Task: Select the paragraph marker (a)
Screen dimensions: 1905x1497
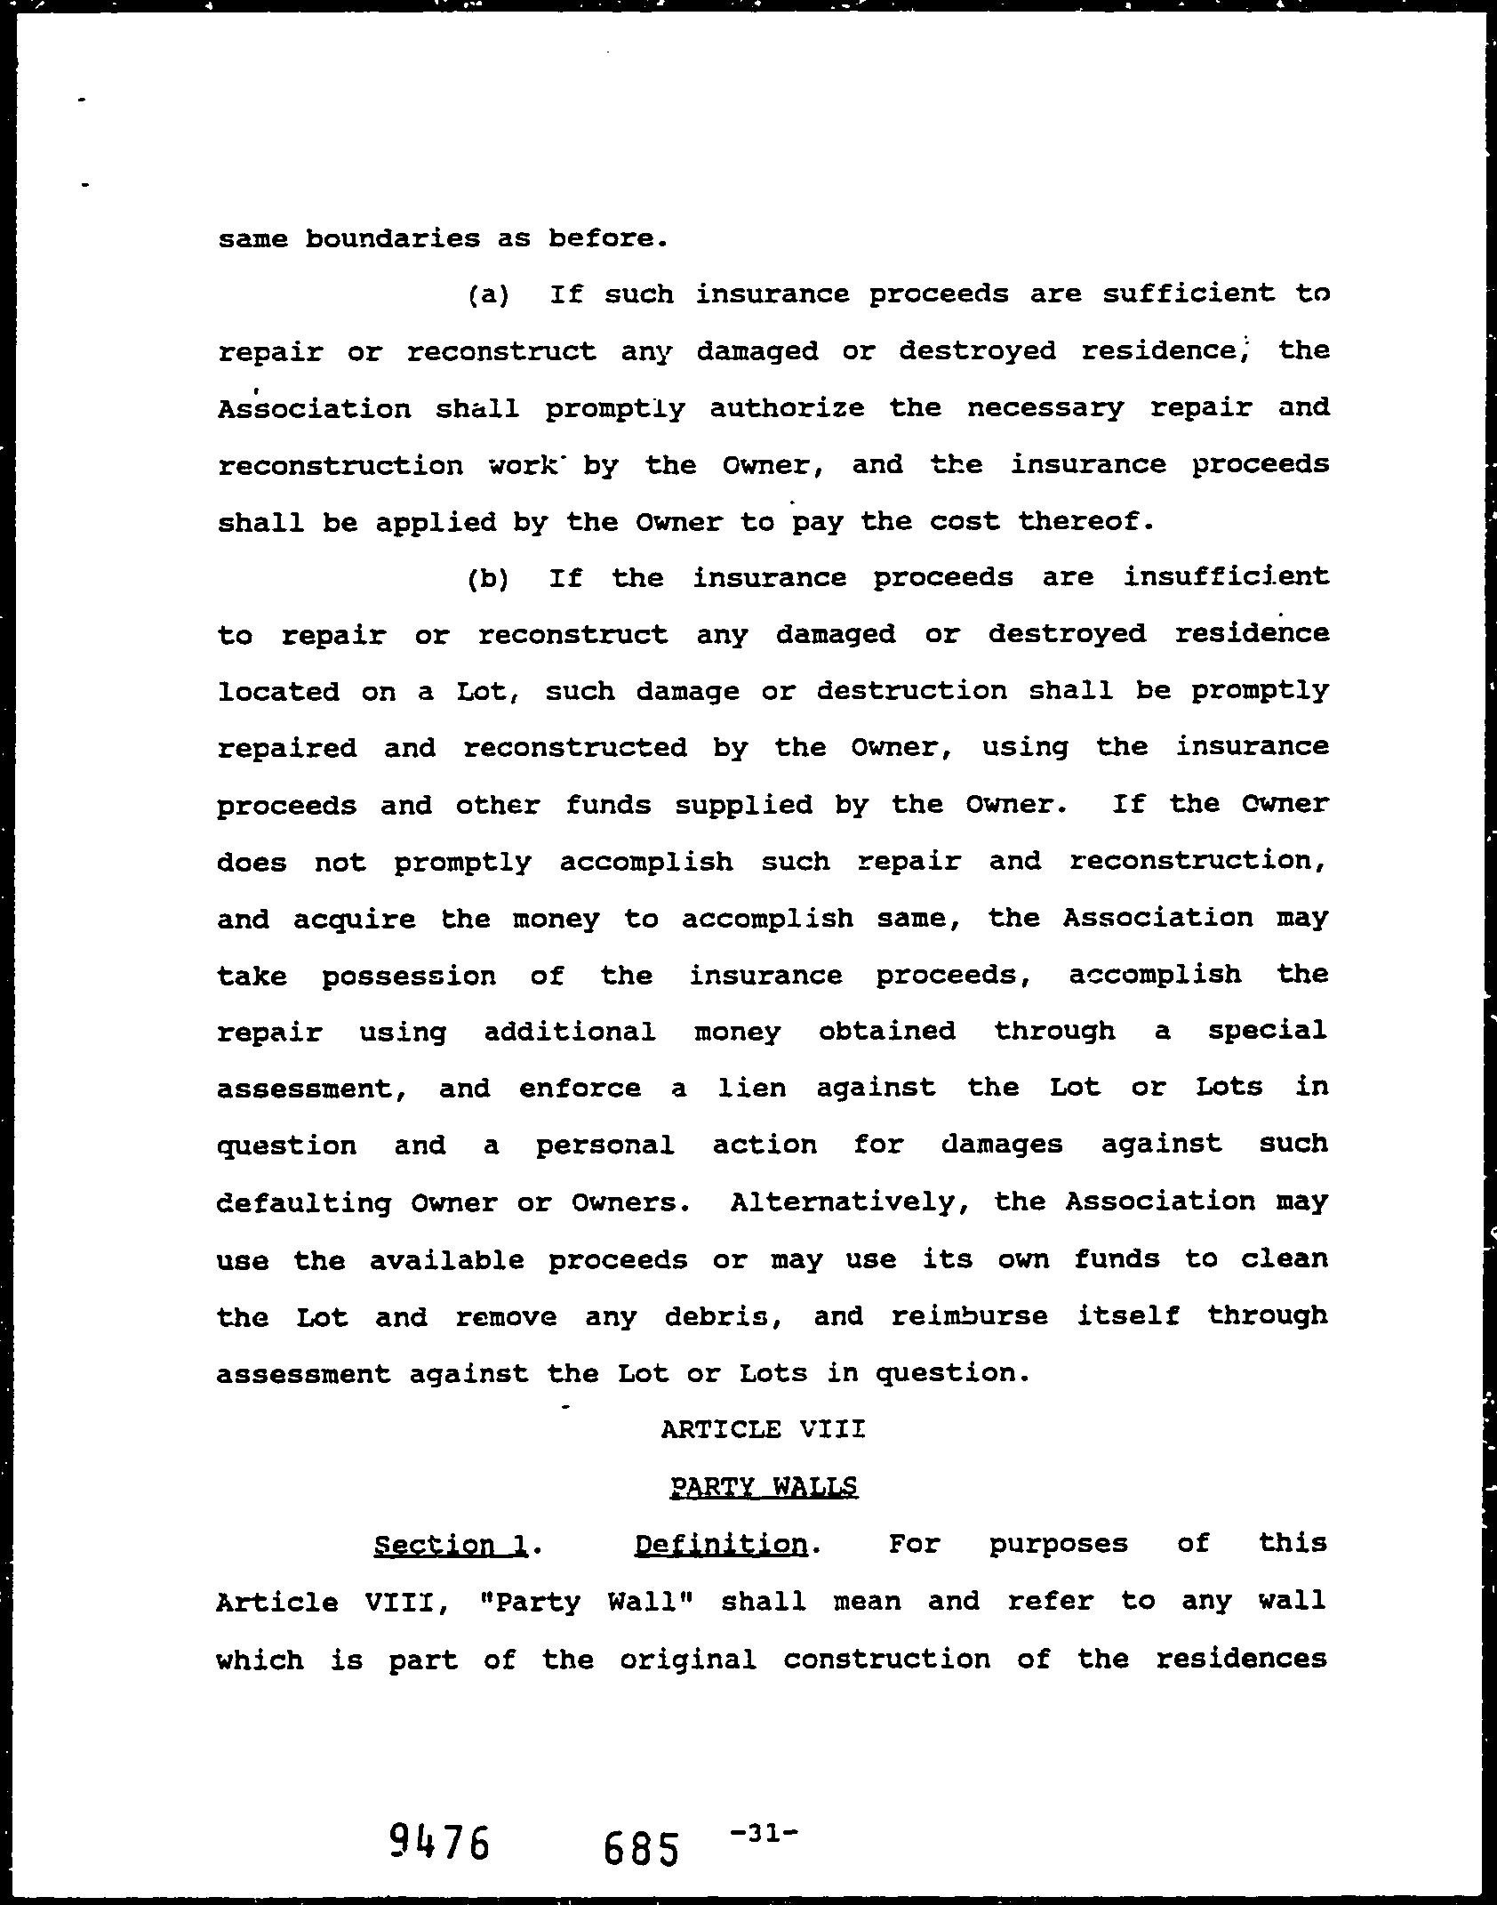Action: (488, 295)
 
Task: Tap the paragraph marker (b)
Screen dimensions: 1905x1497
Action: (488, 579)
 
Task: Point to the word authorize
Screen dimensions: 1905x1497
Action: (787, 408)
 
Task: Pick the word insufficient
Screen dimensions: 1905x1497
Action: (1227, 577)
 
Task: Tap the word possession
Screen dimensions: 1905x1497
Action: (409, 976)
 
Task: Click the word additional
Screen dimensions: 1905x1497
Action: (570, 1032)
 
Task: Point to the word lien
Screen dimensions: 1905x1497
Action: (752, 1088)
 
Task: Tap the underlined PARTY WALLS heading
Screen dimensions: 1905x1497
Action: (764, 1486)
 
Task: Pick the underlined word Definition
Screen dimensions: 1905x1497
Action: (721, 1545)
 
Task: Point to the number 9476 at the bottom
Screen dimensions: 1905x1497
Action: (439, 1842)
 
